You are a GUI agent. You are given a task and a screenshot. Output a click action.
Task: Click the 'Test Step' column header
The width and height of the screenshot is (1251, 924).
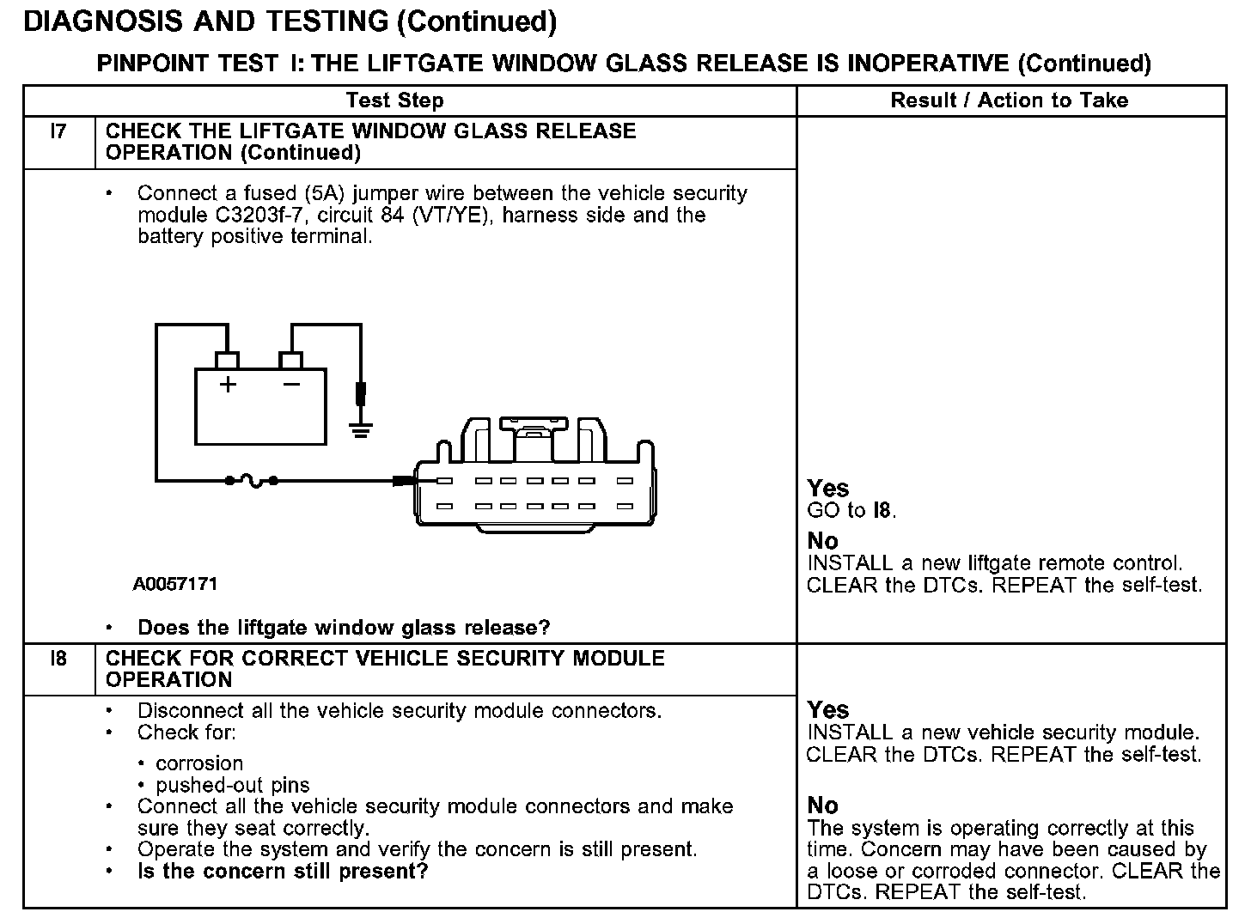point(394,100)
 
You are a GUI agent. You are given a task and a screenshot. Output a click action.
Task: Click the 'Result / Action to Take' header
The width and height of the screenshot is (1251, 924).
point(1009,100)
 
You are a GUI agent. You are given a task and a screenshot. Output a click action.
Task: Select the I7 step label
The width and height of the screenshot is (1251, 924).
point(58,131)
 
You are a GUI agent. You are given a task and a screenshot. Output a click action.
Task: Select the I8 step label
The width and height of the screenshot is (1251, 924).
point(58,659)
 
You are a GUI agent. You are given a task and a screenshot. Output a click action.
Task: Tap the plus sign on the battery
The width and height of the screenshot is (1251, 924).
point(228,385)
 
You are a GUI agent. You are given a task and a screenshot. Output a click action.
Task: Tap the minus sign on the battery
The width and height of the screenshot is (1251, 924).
point(291,384)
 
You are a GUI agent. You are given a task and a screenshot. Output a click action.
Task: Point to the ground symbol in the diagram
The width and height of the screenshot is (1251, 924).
point(362,429)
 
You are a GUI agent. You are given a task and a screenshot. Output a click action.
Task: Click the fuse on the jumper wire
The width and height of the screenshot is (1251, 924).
point(253,481)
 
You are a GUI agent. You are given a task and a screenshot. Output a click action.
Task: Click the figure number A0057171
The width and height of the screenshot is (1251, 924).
point(175,584)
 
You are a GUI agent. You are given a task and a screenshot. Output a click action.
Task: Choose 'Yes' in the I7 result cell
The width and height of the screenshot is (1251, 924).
point(828,489)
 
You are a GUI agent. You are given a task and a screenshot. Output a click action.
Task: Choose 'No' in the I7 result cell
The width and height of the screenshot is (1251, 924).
point(822,541)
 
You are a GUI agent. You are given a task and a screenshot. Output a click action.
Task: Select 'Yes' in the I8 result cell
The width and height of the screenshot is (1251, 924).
point(828,710)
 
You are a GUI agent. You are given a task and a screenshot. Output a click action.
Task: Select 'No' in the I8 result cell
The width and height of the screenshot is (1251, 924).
point(822,805)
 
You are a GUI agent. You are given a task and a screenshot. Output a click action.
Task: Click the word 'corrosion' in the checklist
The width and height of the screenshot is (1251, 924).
point(199,763)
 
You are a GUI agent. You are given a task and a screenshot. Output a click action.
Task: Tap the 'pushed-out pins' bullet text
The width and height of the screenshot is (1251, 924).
point(232,785)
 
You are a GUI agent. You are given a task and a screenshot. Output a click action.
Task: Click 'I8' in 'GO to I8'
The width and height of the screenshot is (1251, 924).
point(882,511)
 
